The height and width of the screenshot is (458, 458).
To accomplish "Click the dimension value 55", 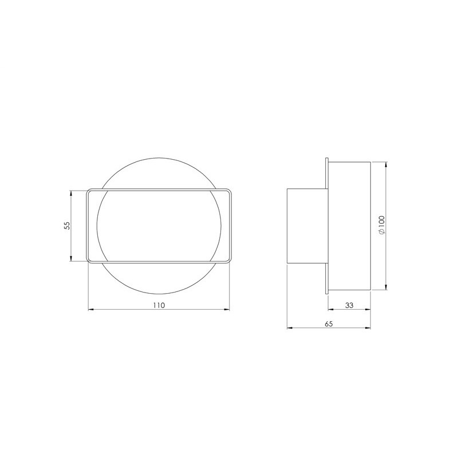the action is tap(68, 226).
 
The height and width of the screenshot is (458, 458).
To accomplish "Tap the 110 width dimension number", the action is tap(159, 305).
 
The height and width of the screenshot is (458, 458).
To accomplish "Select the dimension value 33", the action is tap(349, 305).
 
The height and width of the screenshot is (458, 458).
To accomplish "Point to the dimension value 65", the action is tap(329, 323).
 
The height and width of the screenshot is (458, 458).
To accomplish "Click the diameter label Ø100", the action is tap(382, 225).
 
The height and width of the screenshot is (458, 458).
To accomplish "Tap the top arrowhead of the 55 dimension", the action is tap(71, 193).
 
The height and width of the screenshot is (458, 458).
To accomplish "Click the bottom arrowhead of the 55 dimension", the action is tap(71, 258).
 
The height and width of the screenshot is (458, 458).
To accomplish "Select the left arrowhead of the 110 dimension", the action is tap(92, 310).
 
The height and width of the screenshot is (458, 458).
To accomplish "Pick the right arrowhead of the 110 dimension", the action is tap(226, 310).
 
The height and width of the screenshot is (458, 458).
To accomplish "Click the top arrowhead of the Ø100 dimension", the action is tap(386, 165).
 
